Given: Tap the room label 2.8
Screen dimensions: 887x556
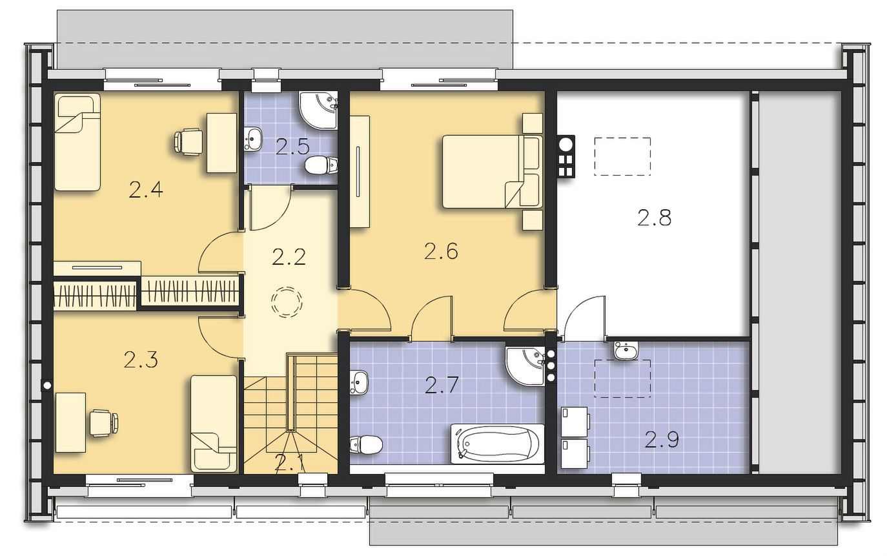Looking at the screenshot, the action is pyautogui.click(x=654, y=218).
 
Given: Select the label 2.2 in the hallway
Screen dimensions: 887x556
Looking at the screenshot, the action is pyautogui.click(x=289, y=257).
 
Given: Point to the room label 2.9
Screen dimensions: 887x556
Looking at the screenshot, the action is pyautogui.click(x=662, y=440).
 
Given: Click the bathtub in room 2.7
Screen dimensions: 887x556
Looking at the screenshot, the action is pyautogui.click(x=498, y=444).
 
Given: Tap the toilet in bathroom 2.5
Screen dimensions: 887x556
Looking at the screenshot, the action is pyautogui.click(x=321, y=165).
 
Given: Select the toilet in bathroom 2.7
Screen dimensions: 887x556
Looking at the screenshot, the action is pyautogui.click(x=366, y=444).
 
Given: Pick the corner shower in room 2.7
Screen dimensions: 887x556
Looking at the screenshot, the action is pyautogui.click(x=525, y=366).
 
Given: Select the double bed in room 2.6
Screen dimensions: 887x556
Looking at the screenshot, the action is pyautogui.click(x=492, y=171).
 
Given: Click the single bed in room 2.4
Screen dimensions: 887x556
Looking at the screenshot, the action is pyautogui.click(x=77, y=142).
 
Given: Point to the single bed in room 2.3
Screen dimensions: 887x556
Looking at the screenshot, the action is pyautogui.click(x=214, y=424).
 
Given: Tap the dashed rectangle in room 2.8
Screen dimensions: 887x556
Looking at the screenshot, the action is pyautogui.click(x=622, y=156).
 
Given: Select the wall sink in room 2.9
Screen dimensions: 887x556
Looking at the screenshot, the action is pyautogui.click(x=626, y=350).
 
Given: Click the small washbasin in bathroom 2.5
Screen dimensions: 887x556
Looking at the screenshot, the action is pyautogui.click(x=253, y=139).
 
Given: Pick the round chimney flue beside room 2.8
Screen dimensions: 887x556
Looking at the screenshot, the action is pyautogui.click(x=566, y=144).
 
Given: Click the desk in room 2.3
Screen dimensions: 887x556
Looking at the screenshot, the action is pyautogui.click(x=71, y=422).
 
